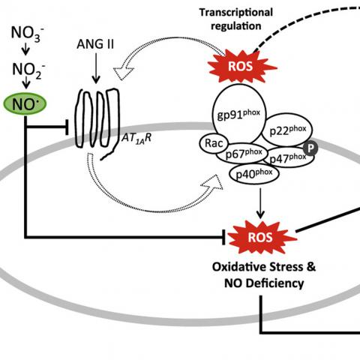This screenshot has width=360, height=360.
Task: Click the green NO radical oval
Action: tap(25, 104)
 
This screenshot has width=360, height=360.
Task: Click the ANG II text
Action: tap(95, 44)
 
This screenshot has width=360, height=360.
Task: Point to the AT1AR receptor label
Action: tap(136, 139)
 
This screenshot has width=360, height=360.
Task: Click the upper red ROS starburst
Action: tap(241, 67)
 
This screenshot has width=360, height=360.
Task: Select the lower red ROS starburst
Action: tap(261, 237)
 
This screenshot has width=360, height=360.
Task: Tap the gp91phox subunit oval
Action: tap(239, 114)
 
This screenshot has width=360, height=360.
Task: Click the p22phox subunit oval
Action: tap(287, 130)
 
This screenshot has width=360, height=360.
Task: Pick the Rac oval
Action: tap(214, 143)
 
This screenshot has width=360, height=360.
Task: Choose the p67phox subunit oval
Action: tap(242, 153)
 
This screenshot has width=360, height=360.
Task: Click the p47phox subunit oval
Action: tap(288, 157)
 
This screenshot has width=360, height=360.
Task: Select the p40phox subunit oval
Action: tap(254, 174)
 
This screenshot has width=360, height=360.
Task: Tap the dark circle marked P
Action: tap(310, 148)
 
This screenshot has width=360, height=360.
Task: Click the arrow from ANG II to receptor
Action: tap(96, 68)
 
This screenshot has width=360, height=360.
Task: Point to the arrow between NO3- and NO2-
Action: tap(25, 50)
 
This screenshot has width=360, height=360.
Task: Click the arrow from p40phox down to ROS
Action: tap(260, 203)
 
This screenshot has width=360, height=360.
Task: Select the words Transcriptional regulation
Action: tap(236, 19)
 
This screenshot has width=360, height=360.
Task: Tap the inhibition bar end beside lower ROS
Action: tap(223, 237)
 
